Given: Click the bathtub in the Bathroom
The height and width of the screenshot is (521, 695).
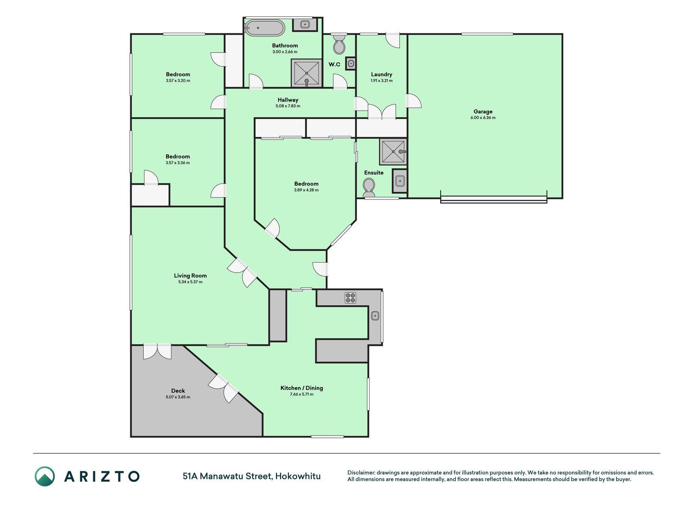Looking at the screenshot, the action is (265, 28).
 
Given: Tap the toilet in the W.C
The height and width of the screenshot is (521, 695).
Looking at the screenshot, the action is (339, 44).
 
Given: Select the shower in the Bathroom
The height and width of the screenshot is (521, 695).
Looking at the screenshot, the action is (306, 73).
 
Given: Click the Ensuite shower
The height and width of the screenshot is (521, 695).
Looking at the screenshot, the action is (393, 151).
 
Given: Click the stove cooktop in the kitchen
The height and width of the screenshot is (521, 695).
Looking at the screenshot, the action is (351, 298).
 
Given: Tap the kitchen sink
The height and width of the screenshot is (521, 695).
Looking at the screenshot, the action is (375, 315).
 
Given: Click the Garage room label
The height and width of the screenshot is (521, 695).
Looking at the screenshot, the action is (483, 112).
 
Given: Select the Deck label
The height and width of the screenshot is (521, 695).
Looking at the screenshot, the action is (178, 391).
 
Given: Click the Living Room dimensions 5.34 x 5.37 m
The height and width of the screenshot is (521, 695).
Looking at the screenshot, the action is (190, 282).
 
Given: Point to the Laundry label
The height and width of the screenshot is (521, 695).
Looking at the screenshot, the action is (381, 74).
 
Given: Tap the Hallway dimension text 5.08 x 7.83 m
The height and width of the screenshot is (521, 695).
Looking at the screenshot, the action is (288, 106).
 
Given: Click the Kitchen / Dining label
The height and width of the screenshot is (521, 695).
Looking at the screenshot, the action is (302, 388).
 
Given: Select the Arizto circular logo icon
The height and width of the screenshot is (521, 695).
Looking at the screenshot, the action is (45, 476).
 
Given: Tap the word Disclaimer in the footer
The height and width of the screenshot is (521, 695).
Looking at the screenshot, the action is (361, 473).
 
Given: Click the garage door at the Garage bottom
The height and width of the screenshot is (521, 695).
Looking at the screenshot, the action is (493, 199).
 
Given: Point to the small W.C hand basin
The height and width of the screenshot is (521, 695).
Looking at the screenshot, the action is (351, 63).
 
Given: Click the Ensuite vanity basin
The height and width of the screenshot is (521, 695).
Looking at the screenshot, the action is (400, 181).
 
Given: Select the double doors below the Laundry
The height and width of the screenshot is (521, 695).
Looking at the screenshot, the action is (382, 112).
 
